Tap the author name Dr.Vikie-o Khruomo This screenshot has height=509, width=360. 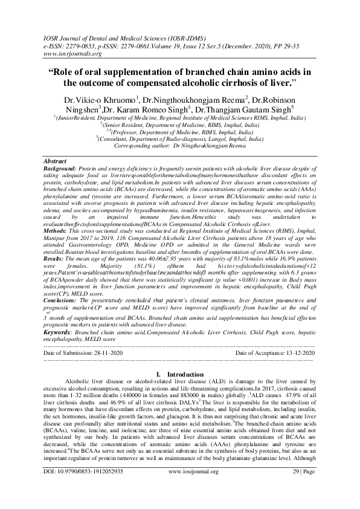click(98, 98)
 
